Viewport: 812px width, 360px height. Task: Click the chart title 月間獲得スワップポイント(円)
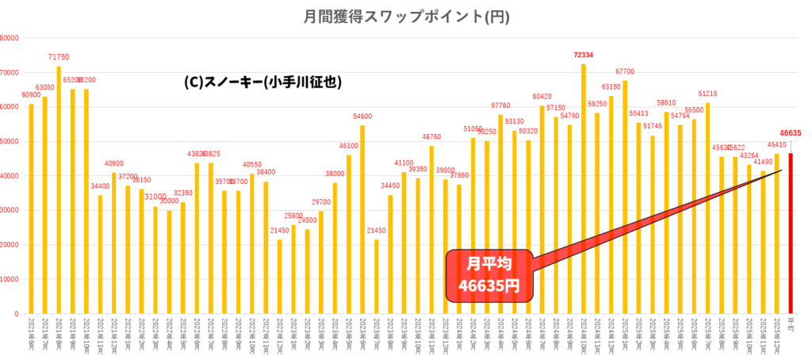[406, 16]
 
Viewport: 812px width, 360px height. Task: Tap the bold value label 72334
[584, 56]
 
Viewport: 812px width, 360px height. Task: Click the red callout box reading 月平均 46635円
[488, 275]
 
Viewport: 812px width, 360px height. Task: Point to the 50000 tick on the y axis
[11, 141]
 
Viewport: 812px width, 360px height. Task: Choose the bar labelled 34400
[100, 254]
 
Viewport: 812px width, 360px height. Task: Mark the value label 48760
[431, 137]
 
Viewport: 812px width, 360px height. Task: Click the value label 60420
[542, 97]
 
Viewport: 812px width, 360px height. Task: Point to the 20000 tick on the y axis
[11, 245]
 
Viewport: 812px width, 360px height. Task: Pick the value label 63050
[44, 88]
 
